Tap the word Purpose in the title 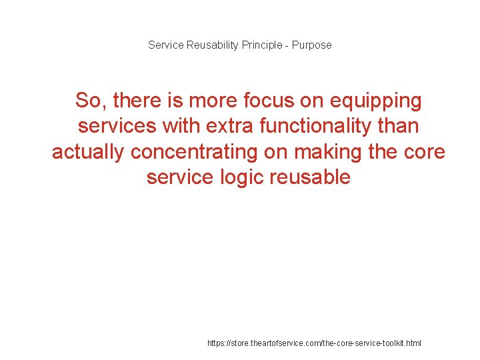[311, 45]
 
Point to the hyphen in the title [287, 45]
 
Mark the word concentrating [195, 152]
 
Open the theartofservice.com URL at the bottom [314, 343]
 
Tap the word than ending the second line [397, 126]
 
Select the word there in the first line [138, 101]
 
